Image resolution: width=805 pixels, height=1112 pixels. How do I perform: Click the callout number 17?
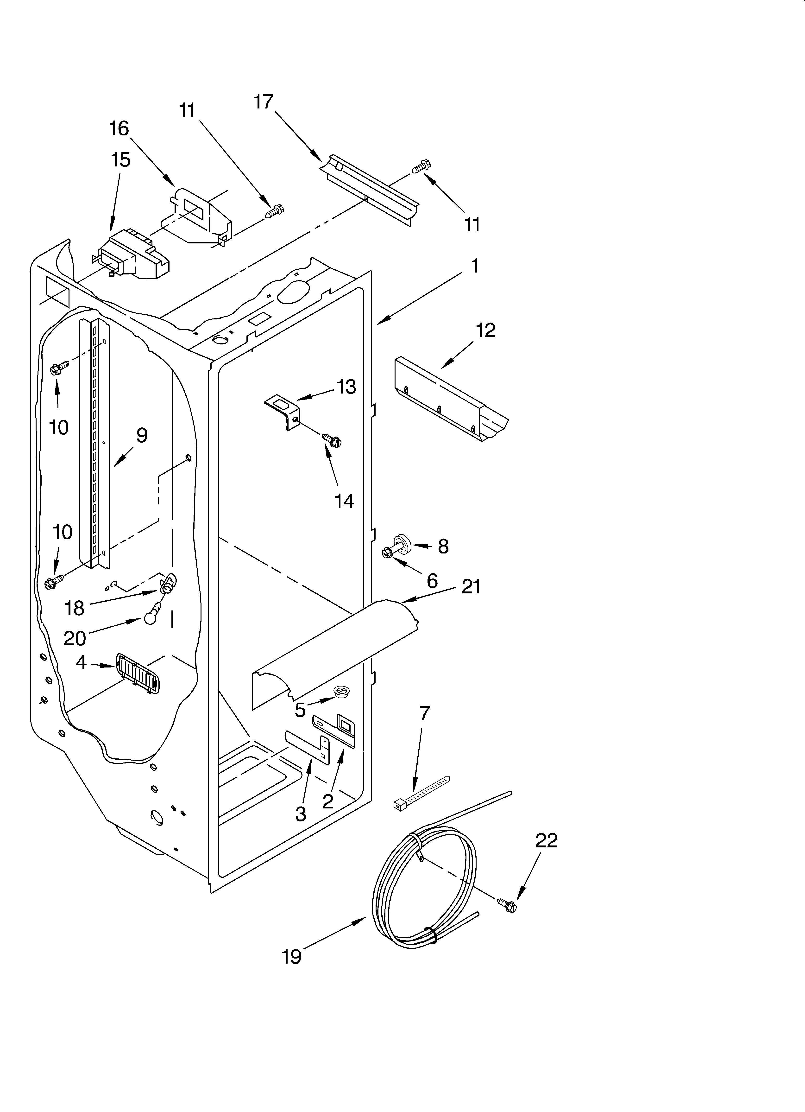(263, 102)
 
